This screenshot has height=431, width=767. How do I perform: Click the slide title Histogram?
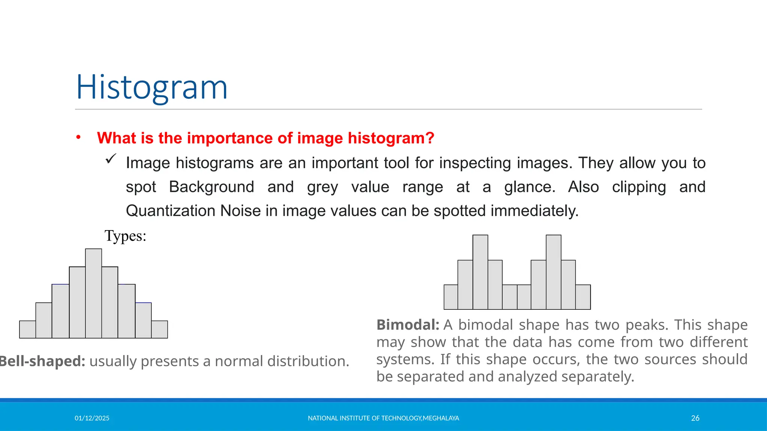click(x=152, y=87)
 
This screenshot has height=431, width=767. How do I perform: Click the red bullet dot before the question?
click(x=78, y=137)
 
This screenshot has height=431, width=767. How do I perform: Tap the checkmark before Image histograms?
click(x=111, y=159)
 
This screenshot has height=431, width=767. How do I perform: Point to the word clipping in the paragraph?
click(x=639, y=187)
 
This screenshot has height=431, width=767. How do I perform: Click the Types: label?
click(x=125, y=236)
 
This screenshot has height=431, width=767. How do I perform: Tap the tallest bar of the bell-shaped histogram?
click(x=94, y=294)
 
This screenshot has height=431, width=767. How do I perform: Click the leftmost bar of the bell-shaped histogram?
click(x=28, y=330)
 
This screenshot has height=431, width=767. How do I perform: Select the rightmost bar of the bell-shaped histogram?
click(x=160, y=330)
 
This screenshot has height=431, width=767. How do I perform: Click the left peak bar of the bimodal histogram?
click(x=480, y=272)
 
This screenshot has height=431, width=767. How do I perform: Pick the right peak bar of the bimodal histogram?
click(x=554, y=272)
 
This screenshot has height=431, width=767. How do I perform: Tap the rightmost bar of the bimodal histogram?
click(x=583, y=297)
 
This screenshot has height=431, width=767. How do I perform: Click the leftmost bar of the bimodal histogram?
click(x=451, y=297)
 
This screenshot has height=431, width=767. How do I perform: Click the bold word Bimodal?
click(x=407, y=325)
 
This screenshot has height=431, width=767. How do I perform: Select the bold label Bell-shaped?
click(x=42, y=361)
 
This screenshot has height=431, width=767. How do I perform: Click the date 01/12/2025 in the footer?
click(x=92, y=418)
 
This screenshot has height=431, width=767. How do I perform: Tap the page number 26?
click(x=695, y=418)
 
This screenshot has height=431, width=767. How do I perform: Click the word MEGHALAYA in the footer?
click(x=441, y=418)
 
